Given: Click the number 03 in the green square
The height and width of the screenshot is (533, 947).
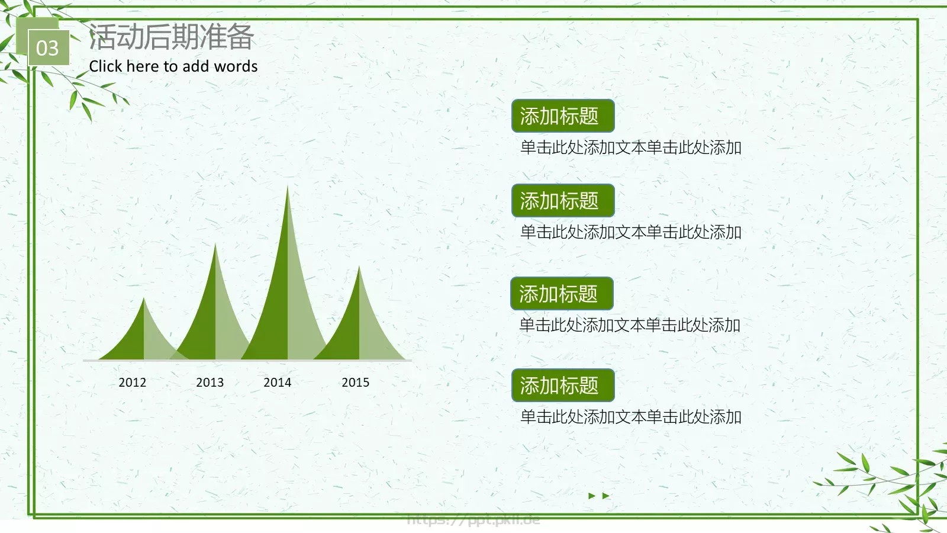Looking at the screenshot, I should tap(47, 48).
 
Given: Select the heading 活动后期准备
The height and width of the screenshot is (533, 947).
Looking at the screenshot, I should tap(171, 37).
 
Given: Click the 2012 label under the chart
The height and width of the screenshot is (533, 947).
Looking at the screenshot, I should tap(132, 383).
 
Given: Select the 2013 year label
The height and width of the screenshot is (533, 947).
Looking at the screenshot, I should tap(210, 383).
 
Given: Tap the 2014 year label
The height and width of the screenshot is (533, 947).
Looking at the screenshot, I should tap(277, 383).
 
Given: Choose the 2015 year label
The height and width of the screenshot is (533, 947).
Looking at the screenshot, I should tap(355, 383).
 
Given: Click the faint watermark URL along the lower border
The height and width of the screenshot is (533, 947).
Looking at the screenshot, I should tap(474, 520).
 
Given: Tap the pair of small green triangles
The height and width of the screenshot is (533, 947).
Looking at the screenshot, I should tap(598, 496).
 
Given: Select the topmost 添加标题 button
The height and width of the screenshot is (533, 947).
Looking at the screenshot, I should tap(562, 116).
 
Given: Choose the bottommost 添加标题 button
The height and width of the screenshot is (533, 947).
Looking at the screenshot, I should tap(562, 386).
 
